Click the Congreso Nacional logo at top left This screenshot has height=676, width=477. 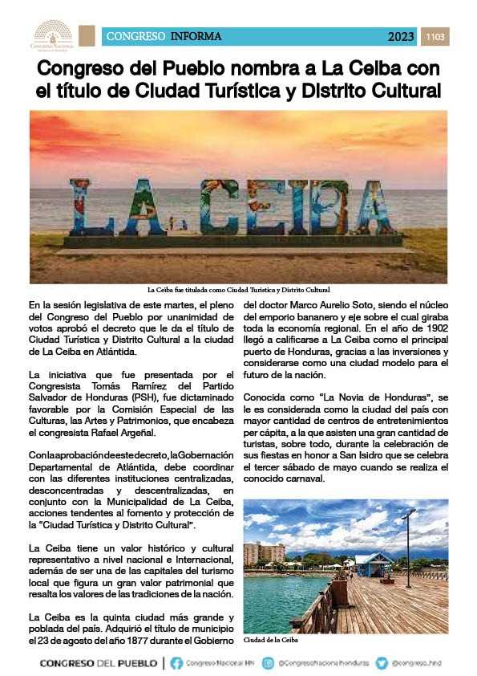point(52,36)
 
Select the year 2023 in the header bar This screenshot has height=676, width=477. point(401,36)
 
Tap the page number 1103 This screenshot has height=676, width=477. point(436,36)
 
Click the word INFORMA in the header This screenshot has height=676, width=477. point(196,36)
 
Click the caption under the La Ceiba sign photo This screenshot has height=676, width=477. point(238,289)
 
